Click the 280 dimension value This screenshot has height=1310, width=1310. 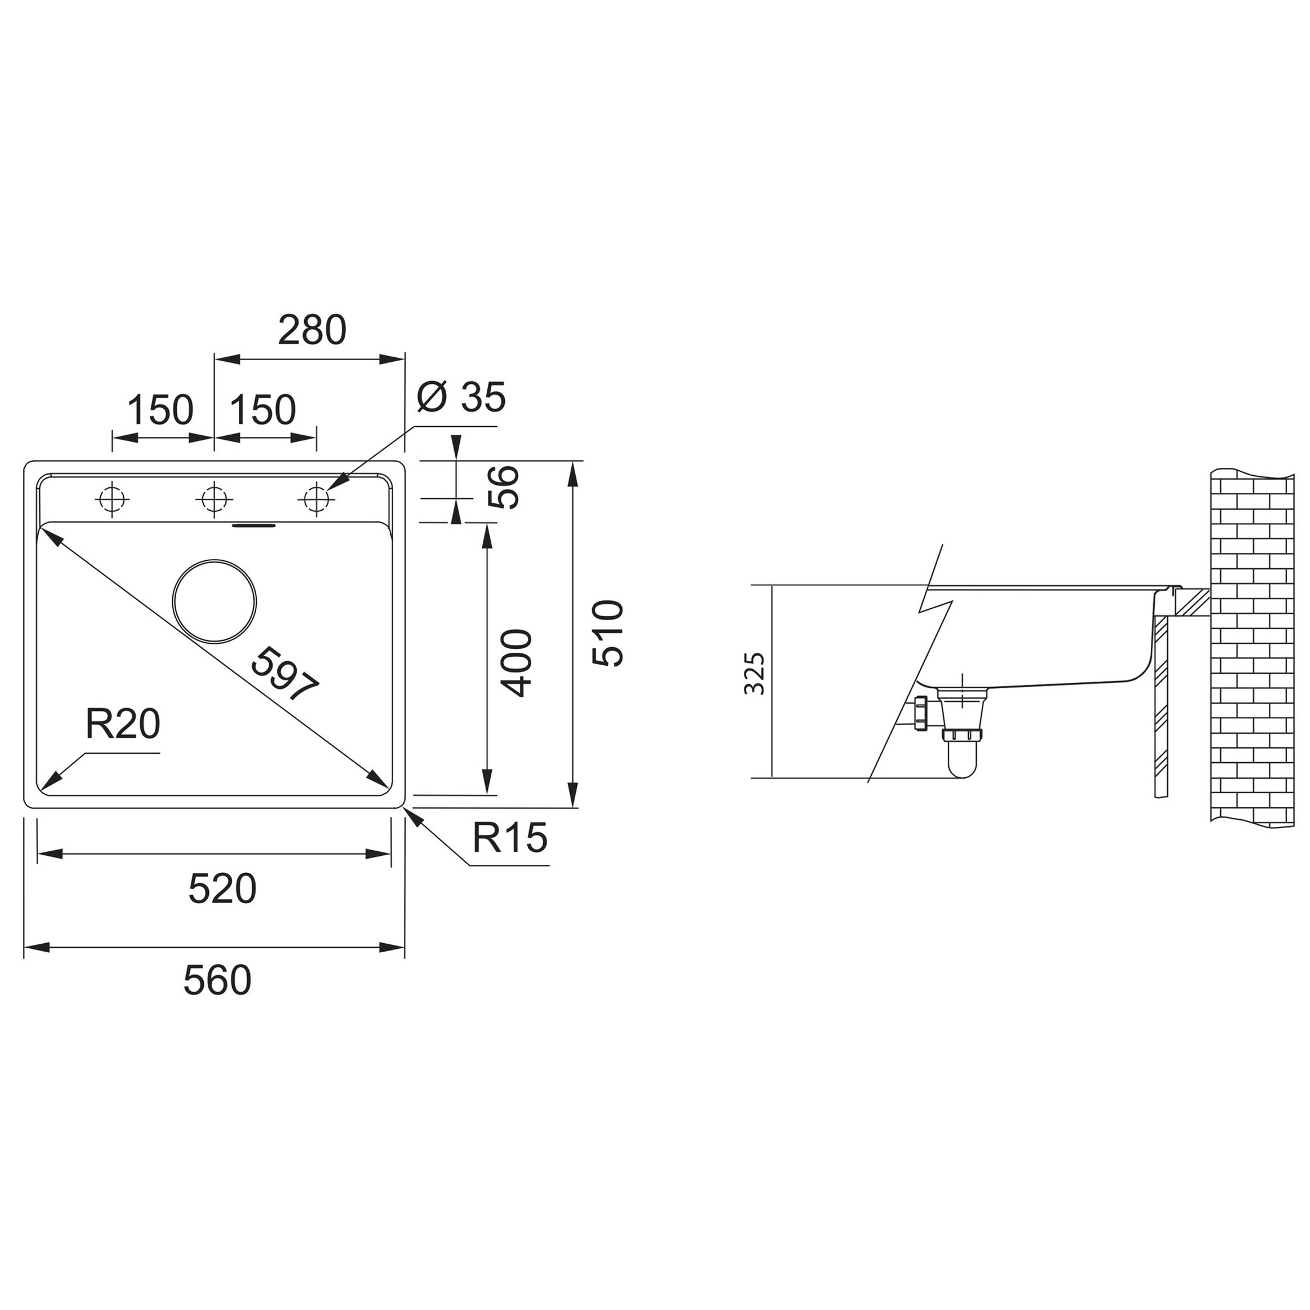[x=312, y=330]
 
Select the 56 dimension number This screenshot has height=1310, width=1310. [x=504, y=487]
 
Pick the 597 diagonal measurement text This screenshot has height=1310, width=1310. [x=284, y=674]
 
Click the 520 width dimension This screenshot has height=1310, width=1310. [x=223, y=889]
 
